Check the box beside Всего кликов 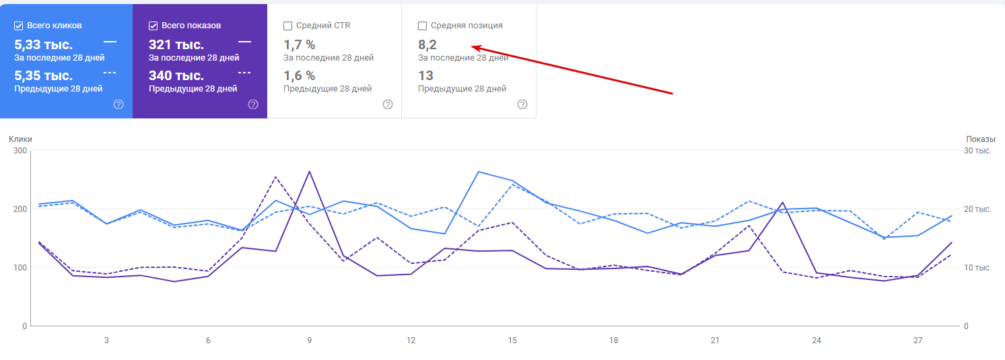[19, 26]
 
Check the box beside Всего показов [153, 26]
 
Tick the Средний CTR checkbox [288, 26]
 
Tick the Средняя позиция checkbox [423, 26]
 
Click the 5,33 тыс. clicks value [43, 45]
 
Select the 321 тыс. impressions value [176, 45]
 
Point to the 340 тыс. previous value [176, 75]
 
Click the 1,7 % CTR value [300, 45]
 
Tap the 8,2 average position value [427, 45]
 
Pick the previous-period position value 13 [425, 75]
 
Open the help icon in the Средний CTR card [388, 104]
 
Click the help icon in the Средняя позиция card [522, 104]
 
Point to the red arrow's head [473, 47]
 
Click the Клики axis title [20, 139]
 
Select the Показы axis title [981, 139]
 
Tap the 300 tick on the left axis [20, 151]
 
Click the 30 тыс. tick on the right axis [977, 151]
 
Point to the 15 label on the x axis [512, 340]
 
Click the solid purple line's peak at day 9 [309, 171]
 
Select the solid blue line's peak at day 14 [479, 172]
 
